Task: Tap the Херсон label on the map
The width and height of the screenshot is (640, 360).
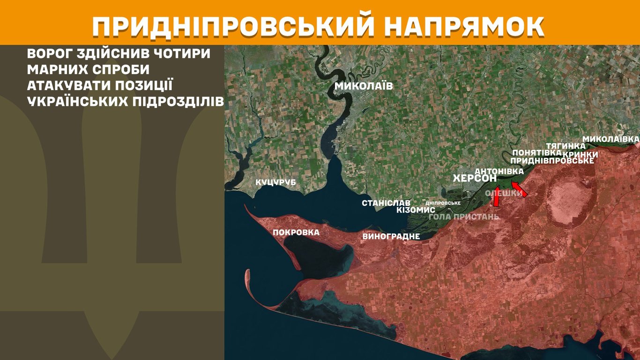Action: point(475,179)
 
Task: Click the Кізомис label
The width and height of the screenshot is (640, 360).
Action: point(416,210)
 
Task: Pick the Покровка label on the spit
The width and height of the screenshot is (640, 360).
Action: point(296,232)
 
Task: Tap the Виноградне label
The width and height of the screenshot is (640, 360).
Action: point(391,236)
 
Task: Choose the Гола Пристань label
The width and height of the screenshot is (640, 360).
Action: point(464,217)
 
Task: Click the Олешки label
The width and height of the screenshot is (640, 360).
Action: point(504,193)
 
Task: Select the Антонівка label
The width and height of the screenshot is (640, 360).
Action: point(499,172)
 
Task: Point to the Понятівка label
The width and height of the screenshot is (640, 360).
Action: point(537,153)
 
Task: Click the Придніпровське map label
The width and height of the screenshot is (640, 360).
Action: point(552,161)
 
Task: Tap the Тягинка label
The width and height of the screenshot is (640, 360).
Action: point(566,146)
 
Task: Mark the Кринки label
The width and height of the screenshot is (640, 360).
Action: point(580,154)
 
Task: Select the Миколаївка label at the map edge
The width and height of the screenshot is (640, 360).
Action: point(610,139)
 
